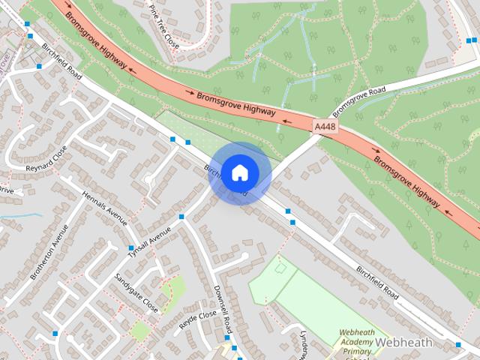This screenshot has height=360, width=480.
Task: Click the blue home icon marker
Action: [239, 172]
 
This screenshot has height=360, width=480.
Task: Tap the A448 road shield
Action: [325, 127]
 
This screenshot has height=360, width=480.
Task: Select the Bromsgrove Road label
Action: [359, 100]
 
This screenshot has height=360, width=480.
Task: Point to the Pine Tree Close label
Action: [163, 25]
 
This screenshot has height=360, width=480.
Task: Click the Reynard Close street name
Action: [46, 157]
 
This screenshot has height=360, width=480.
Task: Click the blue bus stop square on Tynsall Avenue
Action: [181, 217]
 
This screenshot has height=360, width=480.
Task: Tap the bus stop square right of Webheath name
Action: [458, 345]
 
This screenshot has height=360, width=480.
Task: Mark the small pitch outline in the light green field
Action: [280, 266]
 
